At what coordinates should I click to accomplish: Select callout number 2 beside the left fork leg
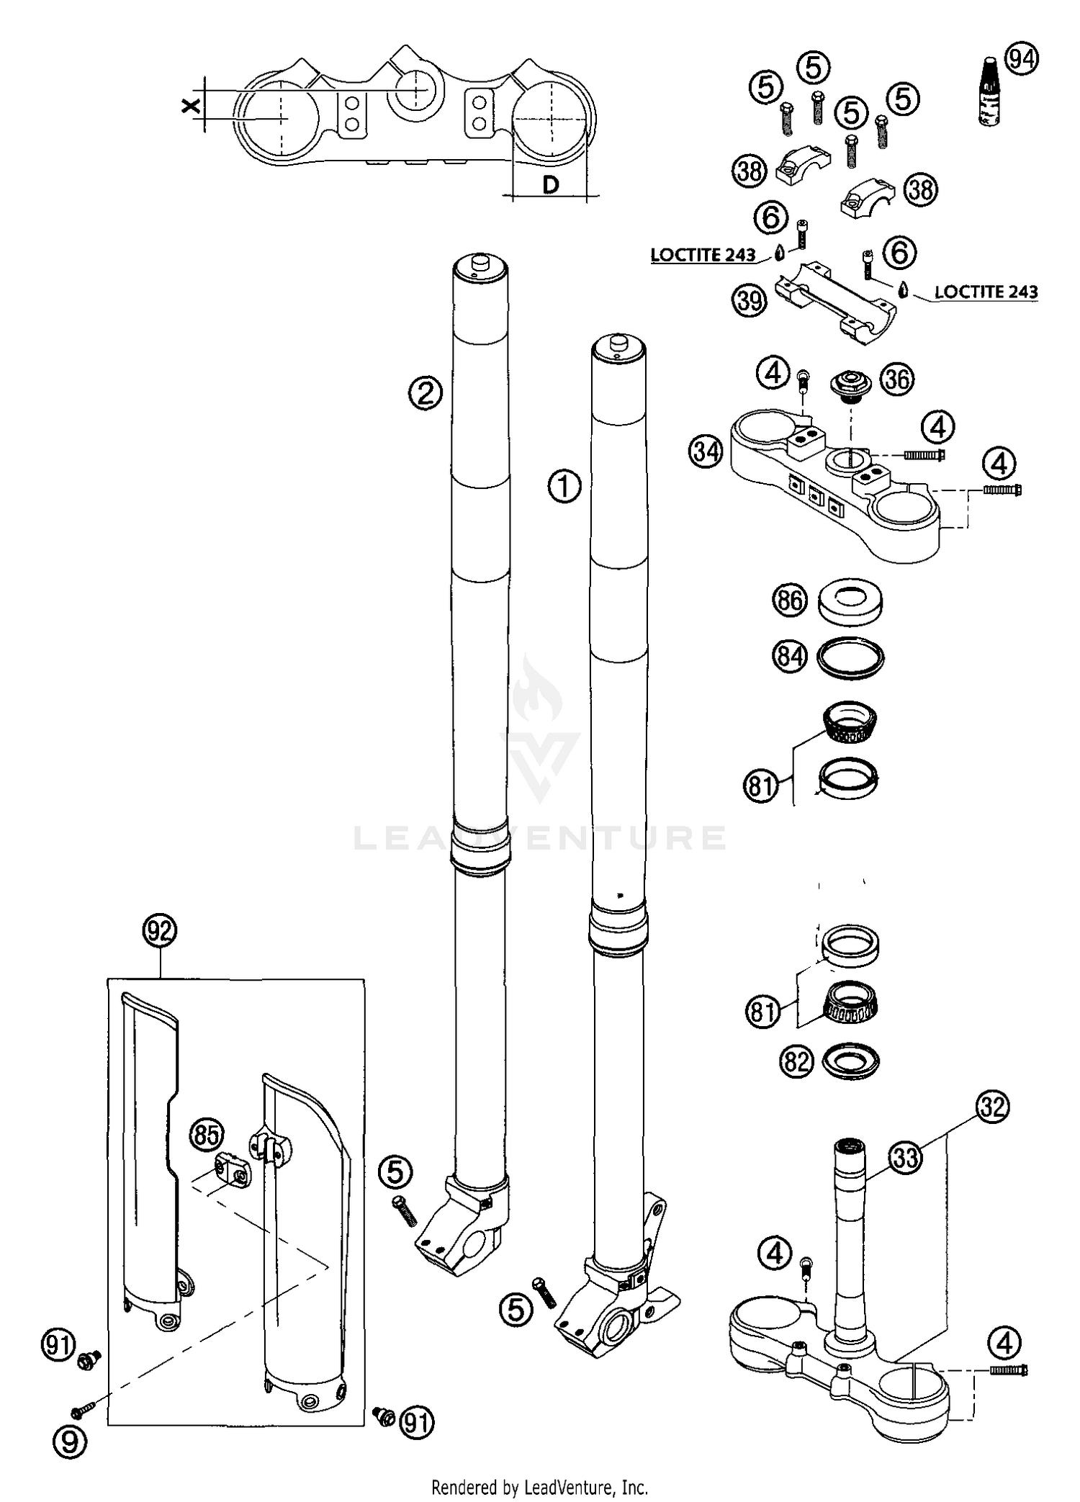(x=426, y=393)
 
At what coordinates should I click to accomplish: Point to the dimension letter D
(x=550, y=185)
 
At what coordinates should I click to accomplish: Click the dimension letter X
(x=190, y=105)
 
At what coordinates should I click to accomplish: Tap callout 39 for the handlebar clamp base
(x=750, y=300)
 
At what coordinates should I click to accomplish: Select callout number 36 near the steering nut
(x=897, y=379)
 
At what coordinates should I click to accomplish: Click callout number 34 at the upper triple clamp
(x=706, y=452)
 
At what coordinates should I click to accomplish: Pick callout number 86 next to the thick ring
(x=789, y=600)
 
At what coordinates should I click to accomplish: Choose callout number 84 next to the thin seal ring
(x=789, y=657)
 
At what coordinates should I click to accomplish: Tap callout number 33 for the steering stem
(x=905, y=1157)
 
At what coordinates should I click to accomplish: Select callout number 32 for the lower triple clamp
(x=992, y=1107)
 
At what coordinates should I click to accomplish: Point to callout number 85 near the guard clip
(x=207, y=1136)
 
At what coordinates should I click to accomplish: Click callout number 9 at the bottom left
(x=71, y=1439)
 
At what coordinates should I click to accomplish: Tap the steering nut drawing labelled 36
(x=850, y=383)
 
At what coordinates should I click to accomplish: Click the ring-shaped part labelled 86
(x=850, y=601)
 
